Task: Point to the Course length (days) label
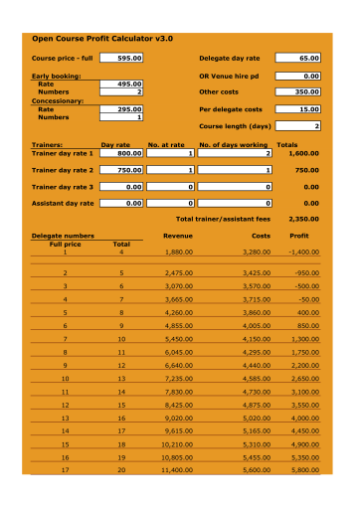235,126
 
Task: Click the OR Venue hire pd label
230,76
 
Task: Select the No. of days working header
235,146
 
